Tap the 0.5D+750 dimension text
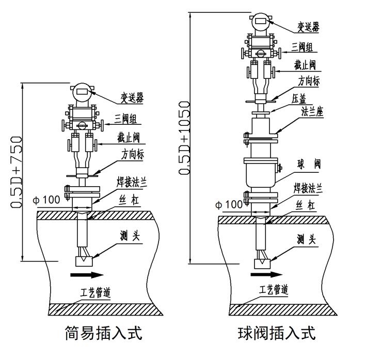[17, 172]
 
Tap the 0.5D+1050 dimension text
[185, 138]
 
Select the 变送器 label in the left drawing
[132, 97]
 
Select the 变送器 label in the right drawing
[307, 25]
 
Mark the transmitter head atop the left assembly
[81, 92]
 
